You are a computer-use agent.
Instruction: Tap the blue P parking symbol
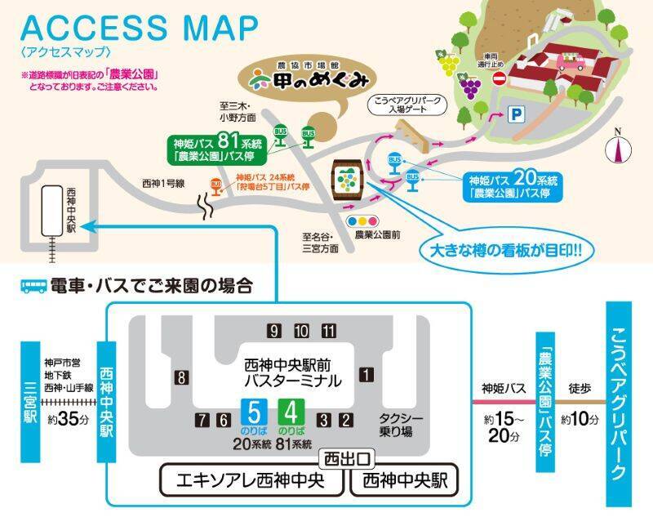pos(515,115)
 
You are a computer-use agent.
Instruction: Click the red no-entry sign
pos(499,78)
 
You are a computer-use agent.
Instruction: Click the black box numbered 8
pos(180,377)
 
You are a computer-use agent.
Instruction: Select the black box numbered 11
pos(328,331)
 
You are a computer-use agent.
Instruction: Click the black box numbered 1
pos(366,375)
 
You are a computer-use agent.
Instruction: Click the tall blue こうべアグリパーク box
pos(619,404)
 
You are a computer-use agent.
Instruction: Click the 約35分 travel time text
pos(62,420)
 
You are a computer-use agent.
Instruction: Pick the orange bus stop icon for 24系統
pos(216,184)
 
